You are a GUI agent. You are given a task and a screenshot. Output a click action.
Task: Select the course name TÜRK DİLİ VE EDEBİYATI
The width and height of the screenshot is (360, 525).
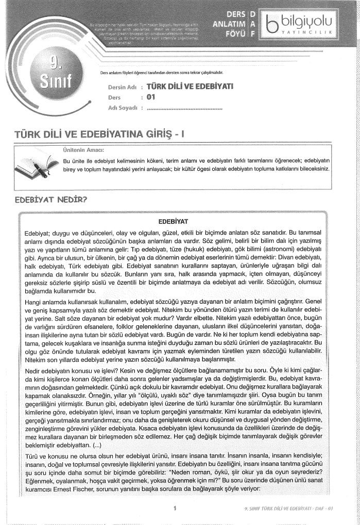tap(190, 86)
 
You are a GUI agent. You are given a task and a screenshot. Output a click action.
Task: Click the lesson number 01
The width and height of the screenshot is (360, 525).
tap(151, 96)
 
